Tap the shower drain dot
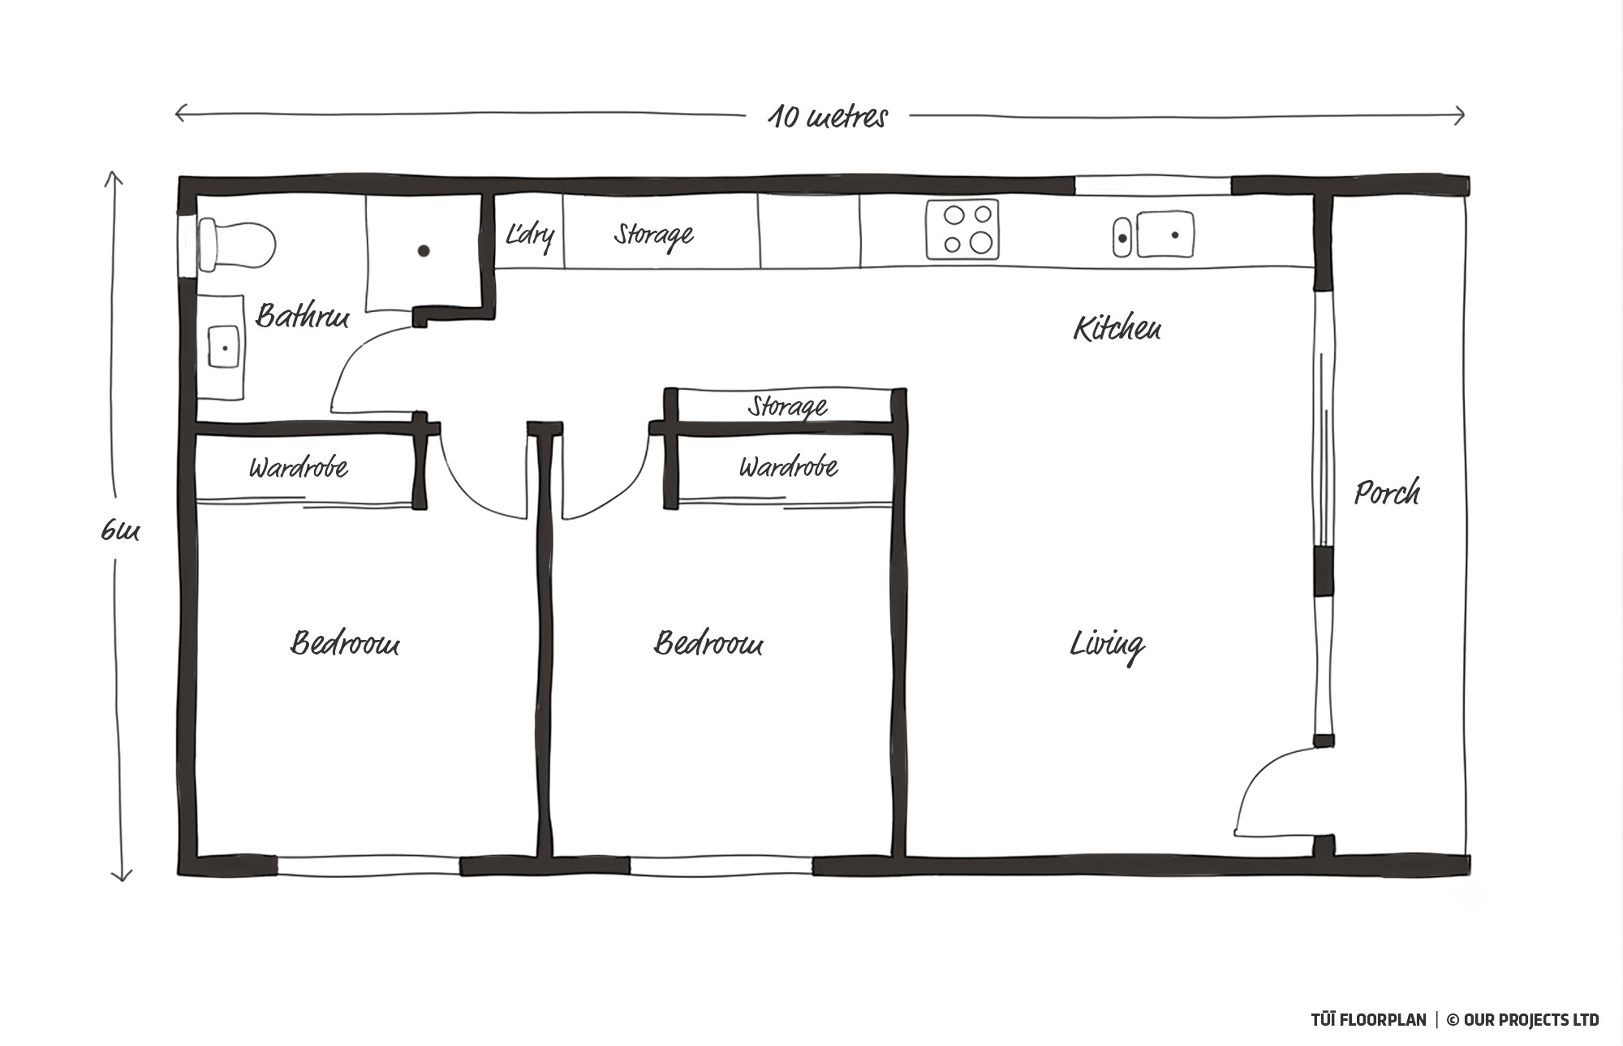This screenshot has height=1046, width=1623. [424, 251]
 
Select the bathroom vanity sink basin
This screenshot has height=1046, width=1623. [224, 347]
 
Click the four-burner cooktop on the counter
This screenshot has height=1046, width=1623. [962, 229]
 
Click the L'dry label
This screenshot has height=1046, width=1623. [530, 235]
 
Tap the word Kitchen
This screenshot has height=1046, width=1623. [1117, 327]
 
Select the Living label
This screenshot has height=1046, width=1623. [1107, 645]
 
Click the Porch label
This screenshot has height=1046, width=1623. [1387, 492]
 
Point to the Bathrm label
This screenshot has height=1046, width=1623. [302, 315]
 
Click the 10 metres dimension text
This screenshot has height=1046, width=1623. [828, 117]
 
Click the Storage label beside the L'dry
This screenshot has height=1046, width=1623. [653, 235]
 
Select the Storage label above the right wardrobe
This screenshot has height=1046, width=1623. [787, 405]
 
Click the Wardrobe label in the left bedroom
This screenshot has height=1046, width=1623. [299, 467]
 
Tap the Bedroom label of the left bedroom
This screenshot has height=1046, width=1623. [345, 643]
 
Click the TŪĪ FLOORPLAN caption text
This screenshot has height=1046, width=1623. [1368, 1019]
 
